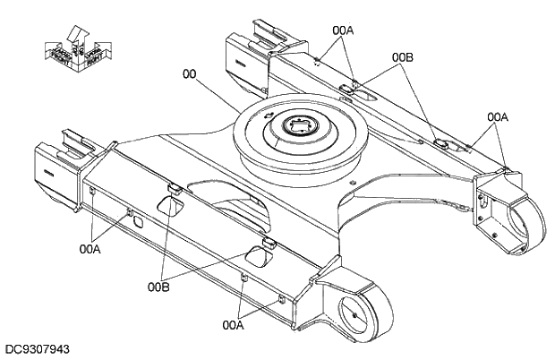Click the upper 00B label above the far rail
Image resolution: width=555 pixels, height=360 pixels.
[403, 56]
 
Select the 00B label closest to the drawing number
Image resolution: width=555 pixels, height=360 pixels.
[159, 287]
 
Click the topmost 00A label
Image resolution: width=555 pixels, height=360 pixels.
[343, 30]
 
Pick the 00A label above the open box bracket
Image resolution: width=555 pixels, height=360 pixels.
[498, 116]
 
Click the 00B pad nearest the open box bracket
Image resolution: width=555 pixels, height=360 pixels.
[440, 142]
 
